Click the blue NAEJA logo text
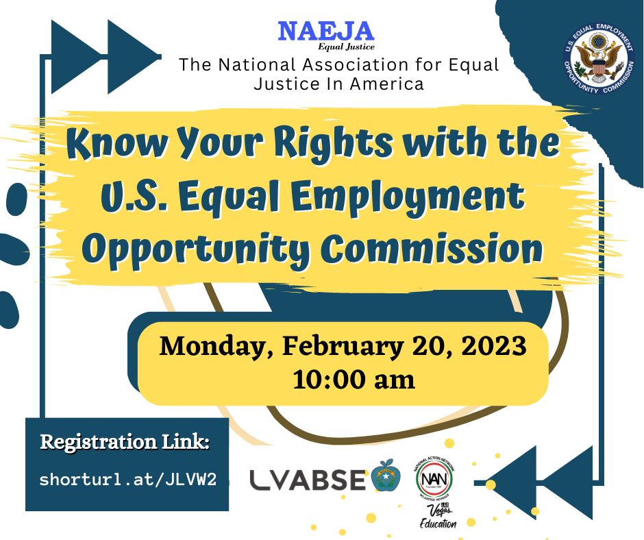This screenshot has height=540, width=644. (x=325, y=31)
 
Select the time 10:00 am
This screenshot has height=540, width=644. (x=354, y=379)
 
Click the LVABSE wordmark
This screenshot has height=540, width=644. (x=308, y=480)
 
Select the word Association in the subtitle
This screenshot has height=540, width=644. (x=349, y=66)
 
